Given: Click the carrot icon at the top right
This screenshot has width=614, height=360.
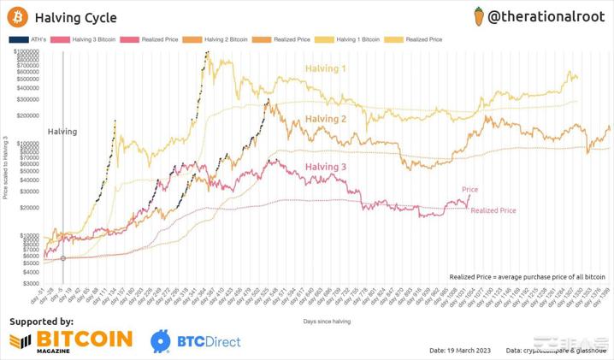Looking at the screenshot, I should click(480, 15).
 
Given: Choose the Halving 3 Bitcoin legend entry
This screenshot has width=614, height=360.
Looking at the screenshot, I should click(83, 39).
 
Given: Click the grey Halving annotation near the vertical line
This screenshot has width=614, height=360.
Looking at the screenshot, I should click(62, 132).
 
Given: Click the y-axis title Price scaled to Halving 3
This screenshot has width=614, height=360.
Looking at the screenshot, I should click(6, 168).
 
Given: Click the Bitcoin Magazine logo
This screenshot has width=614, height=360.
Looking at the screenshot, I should click(73, 340).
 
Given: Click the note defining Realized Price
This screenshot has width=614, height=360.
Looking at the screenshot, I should click(527, 277).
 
